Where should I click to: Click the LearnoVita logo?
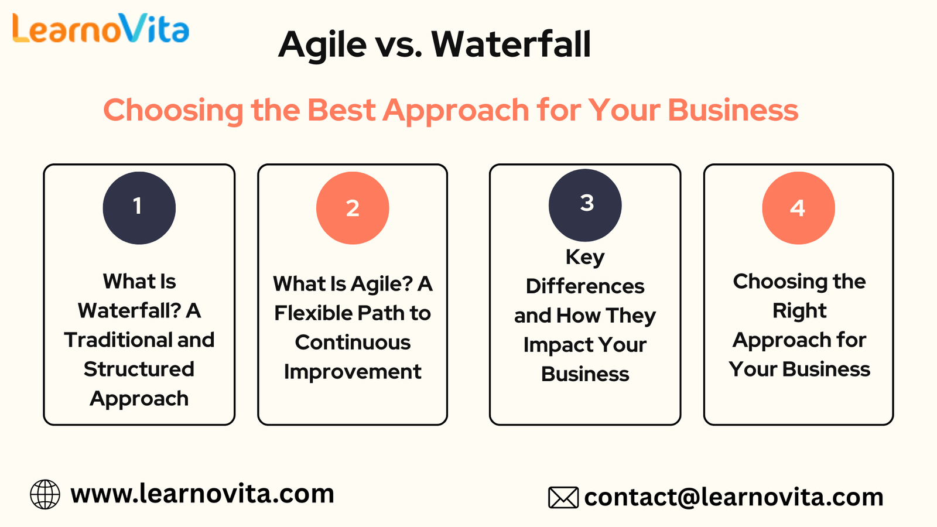click(x=101, y=28)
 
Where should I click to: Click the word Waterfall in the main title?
click(x=511, y=44)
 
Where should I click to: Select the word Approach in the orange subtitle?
click(x=456, y=111)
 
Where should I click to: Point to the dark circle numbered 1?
click(x=139, y=208)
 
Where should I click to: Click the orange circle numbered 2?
click(x=353, y=208)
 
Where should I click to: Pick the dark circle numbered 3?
click(x=585, y=206)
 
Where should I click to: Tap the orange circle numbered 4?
click(x=799, y=208)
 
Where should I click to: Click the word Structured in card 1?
click(x=139, y=369)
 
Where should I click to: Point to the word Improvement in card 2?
click(x=353, y=372)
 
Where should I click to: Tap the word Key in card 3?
click(x=585, y=258)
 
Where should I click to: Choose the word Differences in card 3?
click(x=585, y=286)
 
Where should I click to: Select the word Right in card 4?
click(x=799, y=311)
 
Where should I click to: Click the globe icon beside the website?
click(x=45, y=494)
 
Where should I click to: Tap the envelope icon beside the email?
click(x=563, y=497)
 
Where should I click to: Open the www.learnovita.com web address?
click(x=203, y=494)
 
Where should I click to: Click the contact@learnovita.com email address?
click(x=734, y=497)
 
